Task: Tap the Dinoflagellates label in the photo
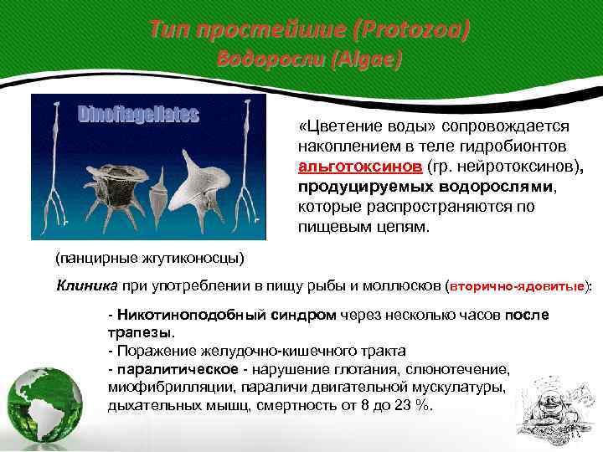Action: click(x=138, y=114)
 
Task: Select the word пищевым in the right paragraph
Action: click(x=331, y=226)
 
